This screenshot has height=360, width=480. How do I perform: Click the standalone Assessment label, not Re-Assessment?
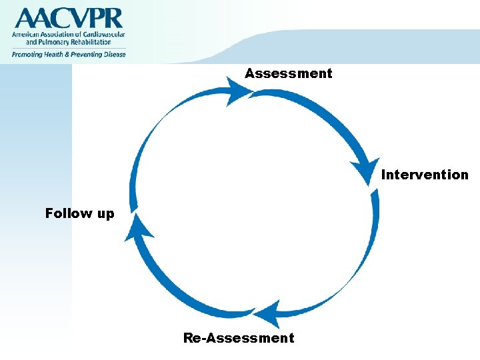288,73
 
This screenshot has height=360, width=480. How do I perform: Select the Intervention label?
425,175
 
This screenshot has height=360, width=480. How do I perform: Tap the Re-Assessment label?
239,338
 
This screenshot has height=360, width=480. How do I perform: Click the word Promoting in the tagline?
27,55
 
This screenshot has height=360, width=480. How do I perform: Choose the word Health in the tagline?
55,55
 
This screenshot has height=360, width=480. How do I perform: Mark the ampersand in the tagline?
68,55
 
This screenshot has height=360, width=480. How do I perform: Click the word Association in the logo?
61,34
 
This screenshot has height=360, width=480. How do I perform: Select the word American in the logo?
26,34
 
